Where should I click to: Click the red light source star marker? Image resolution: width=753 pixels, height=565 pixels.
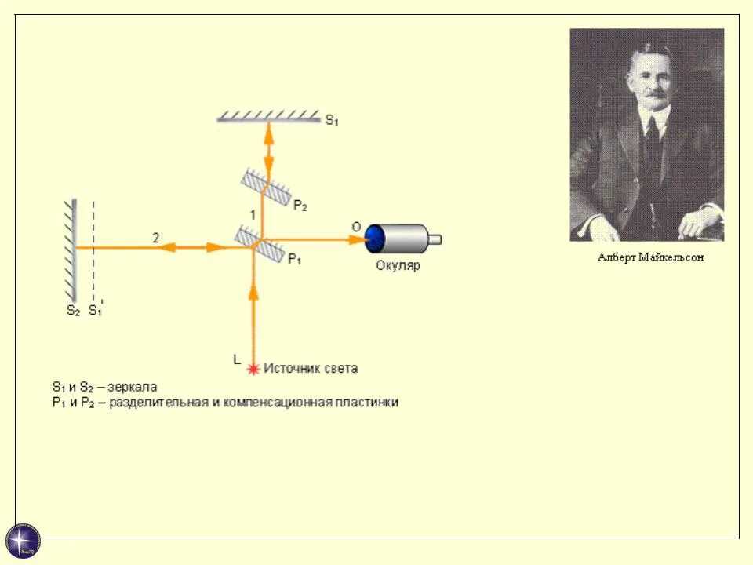(253, 368)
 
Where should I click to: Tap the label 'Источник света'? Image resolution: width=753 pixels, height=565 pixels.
(311, 368)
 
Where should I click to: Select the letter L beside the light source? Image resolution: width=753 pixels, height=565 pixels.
(237, 359)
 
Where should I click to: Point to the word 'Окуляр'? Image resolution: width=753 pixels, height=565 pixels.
(398, 265)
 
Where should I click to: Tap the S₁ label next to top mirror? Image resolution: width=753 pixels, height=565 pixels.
(332, 121)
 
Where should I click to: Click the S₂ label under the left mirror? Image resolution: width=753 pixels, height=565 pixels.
(73, 311)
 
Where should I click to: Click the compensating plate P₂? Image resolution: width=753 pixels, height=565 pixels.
(264, 186)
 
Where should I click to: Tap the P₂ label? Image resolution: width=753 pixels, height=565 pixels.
(300, 206)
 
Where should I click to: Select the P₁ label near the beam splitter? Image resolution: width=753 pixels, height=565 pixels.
(294, 259)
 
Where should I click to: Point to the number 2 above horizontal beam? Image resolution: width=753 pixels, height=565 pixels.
(155, 238)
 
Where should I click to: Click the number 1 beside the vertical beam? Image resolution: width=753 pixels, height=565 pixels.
(252, 214)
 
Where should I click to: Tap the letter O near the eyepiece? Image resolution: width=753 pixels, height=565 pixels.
(355, 227)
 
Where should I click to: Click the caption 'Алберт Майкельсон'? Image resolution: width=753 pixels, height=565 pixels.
(650, 257)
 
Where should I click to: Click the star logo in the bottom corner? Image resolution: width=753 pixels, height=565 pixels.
(23, 541)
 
